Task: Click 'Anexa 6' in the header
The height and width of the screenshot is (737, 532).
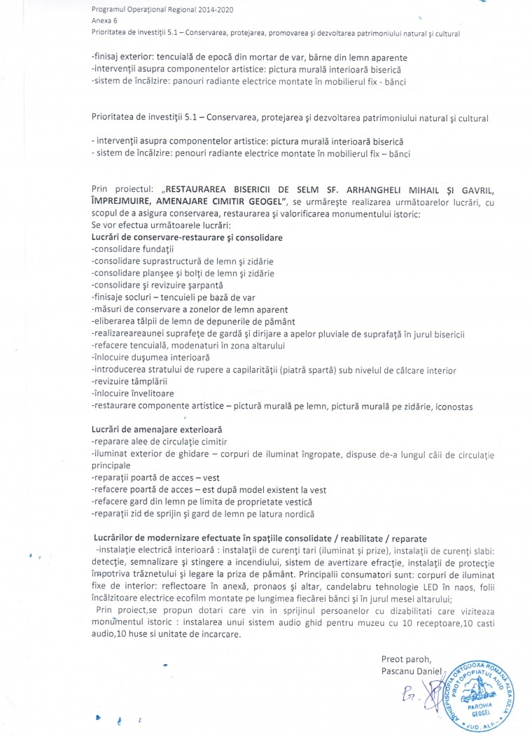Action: click(104, 21)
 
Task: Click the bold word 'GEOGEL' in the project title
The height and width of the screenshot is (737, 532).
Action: click(254, 202)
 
